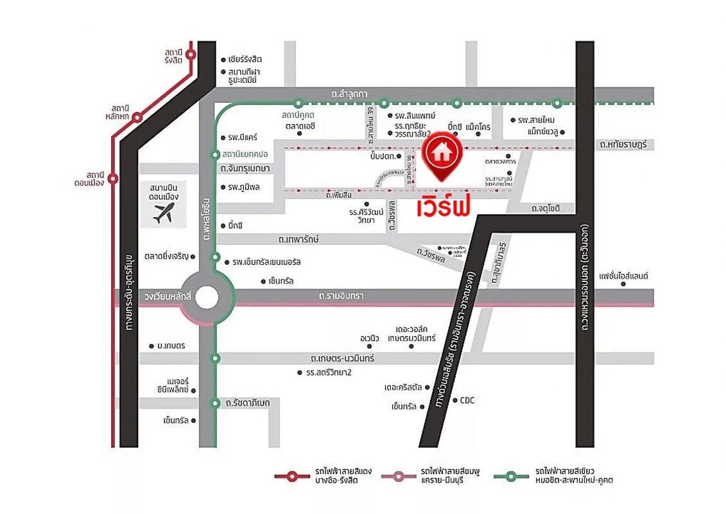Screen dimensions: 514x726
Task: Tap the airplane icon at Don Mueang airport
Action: (164, 213)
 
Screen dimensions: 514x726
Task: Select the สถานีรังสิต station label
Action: (173, 55)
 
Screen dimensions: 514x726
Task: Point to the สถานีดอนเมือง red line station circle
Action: (113, 179)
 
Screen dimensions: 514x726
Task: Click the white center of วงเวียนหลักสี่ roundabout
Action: (207, 297)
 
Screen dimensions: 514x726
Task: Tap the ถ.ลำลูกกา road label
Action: (349, 94)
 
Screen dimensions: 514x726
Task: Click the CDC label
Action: (467, 400)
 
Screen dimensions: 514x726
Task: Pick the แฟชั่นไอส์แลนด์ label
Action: (623, 276)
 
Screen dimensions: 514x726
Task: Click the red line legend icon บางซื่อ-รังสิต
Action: (292, 476)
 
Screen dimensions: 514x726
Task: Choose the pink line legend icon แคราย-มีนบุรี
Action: (399, 476)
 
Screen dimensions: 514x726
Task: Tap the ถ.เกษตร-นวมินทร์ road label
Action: (342, 358)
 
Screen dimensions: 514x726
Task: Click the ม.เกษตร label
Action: (170, 346)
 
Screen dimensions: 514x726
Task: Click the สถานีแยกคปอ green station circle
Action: (216, 154)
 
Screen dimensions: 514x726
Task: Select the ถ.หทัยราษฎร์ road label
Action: (622, 145)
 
